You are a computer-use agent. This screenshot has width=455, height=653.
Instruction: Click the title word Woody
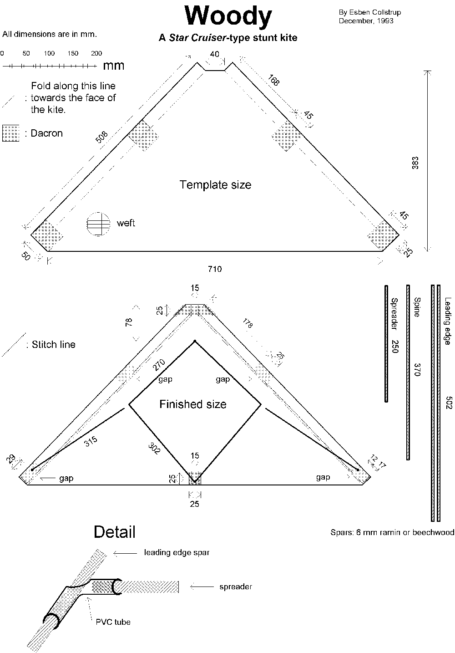(x=228, y=17)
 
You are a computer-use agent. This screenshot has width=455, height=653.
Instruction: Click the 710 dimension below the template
(x=215, y=269)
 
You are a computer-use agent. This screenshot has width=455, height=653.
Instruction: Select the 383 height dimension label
(x=415, y=163)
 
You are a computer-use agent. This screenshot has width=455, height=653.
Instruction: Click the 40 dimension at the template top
(x=215, y=54)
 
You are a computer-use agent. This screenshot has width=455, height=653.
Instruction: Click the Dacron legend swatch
(x=11, y=133)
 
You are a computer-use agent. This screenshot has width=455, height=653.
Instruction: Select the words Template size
(x=215, y=184)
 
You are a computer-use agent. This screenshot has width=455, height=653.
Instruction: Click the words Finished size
(x=193, y=404)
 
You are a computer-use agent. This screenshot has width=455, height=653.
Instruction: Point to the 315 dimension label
(x=91, y=442)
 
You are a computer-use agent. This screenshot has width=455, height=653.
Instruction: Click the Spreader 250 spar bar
(x=386, y=343)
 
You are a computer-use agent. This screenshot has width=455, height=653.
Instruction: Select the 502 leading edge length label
(x=449, y=403)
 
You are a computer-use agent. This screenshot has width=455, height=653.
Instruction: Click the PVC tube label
(x=113, y=622)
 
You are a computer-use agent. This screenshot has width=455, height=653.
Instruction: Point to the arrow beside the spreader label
(x=200, y=587)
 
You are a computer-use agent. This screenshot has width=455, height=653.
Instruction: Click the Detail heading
(x=115, y=531)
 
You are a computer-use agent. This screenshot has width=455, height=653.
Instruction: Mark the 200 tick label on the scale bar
(x=96, y=53)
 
